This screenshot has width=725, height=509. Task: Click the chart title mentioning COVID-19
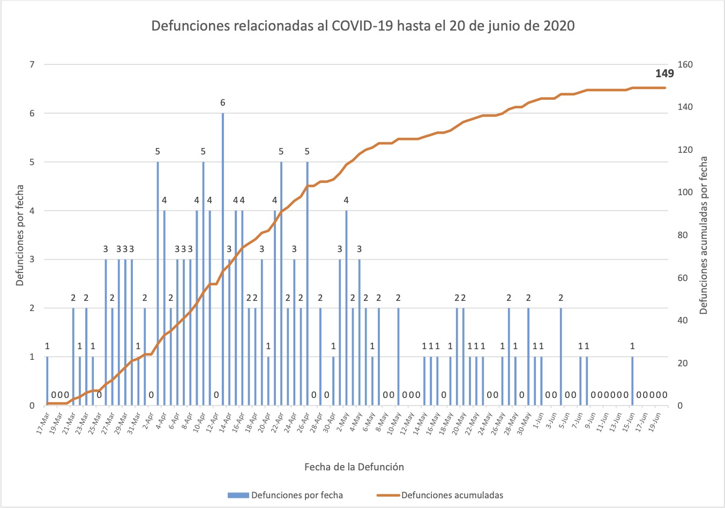click(363, 26)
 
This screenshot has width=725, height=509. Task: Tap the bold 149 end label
click(664, 74)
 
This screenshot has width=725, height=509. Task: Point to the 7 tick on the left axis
click(32, 65)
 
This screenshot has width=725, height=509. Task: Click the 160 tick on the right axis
click(685, 65)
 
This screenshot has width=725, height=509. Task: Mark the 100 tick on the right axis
click(685, 193)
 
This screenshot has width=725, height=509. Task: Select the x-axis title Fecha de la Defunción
click(354, 467)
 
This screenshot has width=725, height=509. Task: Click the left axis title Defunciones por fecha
click(20, 235)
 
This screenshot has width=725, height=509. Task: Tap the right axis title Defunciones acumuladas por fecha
click(704, 235)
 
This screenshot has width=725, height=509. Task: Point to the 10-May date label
click(394, 421)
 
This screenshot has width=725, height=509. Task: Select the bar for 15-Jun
click(632, 381)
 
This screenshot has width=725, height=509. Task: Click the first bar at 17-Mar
click(47, 381)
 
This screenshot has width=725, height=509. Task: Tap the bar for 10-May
click(398, 357)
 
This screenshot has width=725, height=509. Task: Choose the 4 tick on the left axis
click(32, 211)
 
